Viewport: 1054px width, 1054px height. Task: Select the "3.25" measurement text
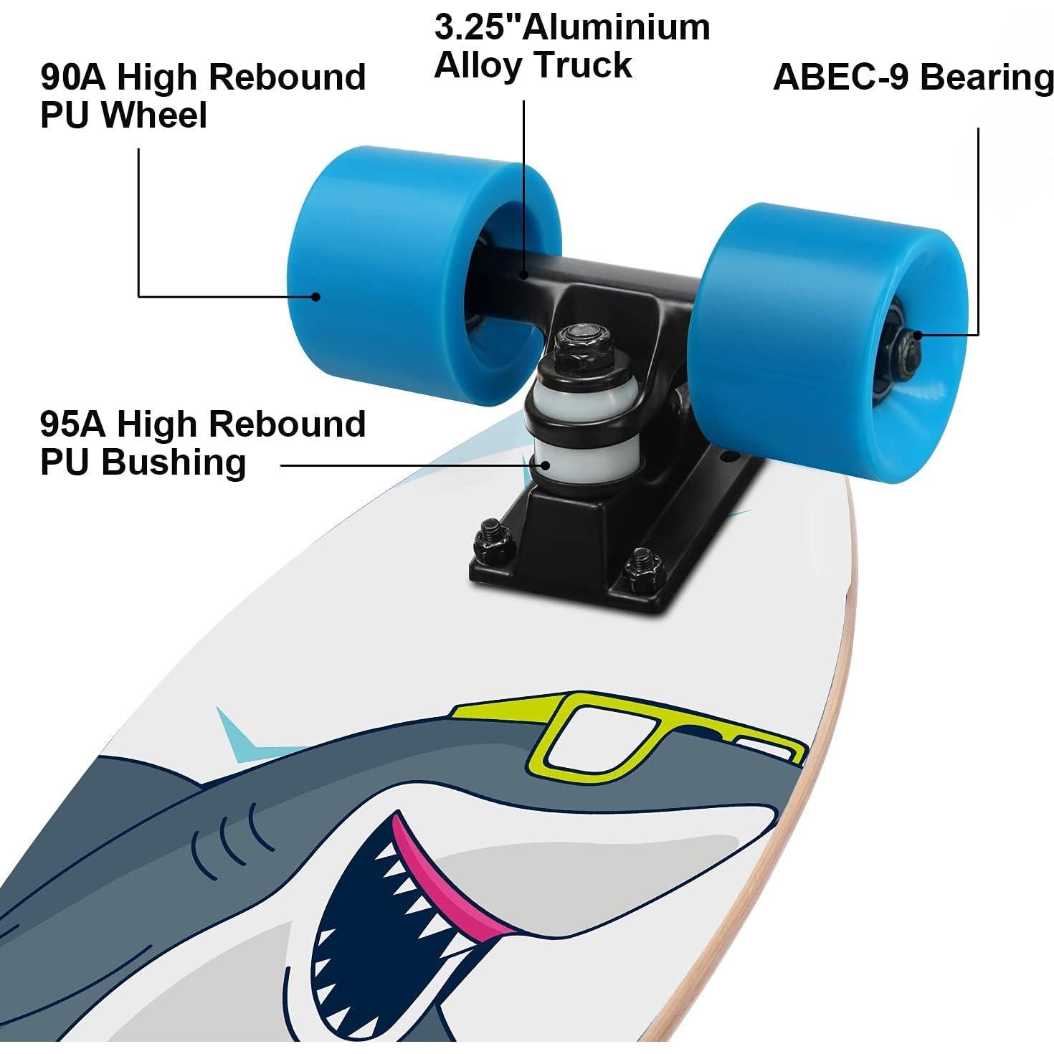click(x=478, y=27)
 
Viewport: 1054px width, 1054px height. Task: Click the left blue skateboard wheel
click(x=373, y=280)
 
